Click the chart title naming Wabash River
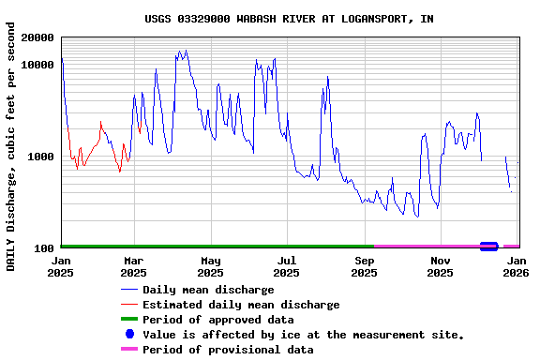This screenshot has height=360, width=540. point(289,19)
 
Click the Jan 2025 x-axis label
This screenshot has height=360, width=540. point(61,267)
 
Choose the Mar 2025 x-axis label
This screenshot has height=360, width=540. point(134,267)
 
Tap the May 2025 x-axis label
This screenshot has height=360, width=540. point(211,267)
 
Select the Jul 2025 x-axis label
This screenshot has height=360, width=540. point(287,267)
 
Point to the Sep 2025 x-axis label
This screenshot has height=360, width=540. point(364,267)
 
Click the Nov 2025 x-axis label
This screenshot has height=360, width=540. point(440,267)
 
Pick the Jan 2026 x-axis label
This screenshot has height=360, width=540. point(516,267)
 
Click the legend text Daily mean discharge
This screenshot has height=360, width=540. point(208,290)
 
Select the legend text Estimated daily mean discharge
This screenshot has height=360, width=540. point(241,305)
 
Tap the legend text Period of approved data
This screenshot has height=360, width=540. point(217,320)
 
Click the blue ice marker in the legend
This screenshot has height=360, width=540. point(129,335)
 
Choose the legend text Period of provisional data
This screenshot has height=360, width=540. point(228,350)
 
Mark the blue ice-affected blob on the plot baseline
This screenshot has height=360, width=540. point(488,247)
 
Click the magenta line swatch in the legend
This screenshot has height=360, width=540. point(129,350)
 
